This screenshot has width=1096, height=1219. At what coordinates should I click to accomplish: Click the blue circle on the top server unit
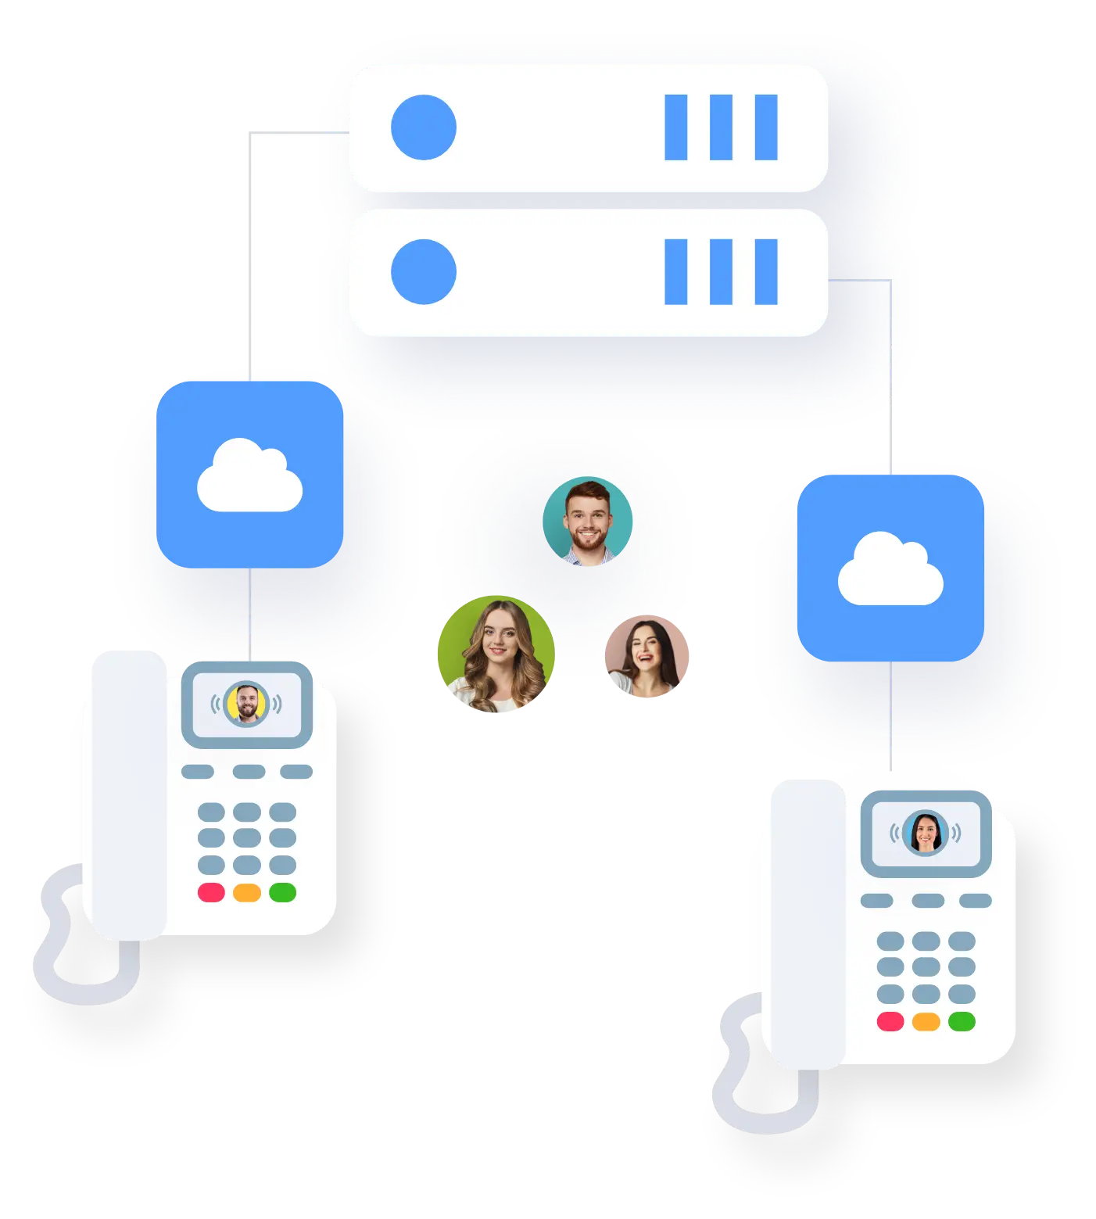point(423,127)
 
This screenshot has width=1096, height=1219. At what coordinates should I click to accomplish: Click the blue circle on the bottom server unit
point(423,272)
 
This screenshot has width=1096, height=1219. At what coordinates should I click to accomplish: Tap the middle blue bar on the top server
point(720,127)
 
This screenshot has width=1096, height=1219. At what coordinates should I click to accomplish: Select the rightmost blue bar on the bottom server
point(765,272)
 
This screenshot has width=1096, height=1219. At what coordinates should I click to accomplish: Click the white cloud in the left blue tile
point(249,476)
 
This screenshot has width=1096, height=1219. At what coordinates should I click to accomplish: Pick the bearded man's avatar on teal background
point(587,521)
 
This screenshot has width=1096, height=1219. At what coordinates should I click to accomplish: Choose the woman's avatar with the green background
point(496,655)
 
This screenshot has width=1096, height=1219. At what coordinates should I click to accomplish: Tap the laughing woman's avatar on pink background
point(646,657)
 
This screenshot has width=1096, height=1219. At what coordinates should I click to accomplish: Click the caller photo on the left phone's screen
point(246,704)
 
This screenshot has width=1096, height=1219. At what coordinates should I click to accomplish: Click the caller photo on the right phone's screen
point(925,833)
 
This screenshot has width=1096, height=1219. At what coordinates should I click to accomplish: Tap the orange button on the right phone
point(926,1021)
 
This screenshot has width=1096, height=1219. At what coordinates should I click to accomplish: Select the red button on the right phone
point(890,1021)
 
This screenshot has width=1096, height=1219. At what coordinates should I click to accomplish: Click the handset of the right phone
point(805,923)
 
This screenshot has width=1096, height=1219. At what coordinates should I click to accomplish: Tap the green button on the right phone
point(962,1021)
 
